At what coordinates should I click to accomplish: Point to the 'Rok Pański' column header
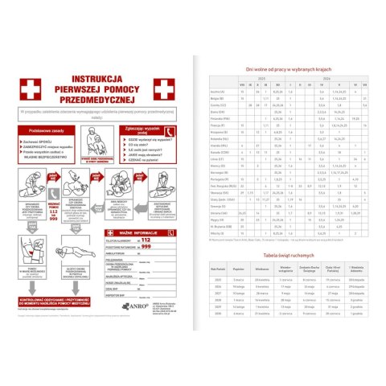(218, 269)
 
